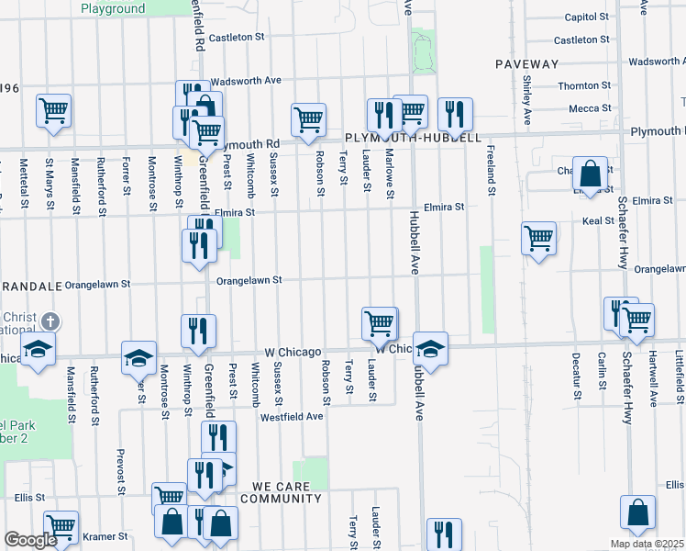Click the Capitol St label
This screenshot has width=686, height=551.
587,17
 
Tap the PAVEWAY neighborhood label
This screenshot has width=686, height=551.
526,64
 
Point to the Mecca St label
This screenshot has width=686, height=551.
583,107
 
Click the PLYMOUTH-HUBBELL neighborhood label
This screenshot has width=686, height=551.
413,138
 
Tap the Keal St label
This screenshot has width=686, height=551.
597,221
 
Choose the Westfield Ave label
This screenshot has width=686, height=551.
292,416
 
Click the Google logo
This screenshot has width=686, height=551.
30,540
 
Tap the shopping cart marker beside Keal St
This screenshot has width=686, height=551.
538,239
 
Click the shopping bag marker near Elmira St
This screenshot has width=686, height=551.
592,172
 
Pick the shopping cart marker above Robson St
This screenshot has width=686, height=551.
309,119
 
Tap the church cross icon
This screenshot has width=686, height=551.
50,321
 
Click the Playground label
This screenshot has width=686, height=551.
113,9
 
